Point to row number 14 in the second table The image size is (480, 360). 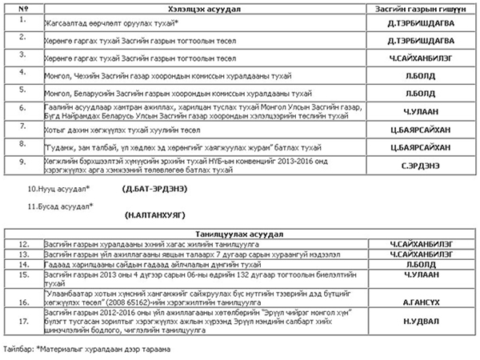pyautogui.click(x=25, y=263)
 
